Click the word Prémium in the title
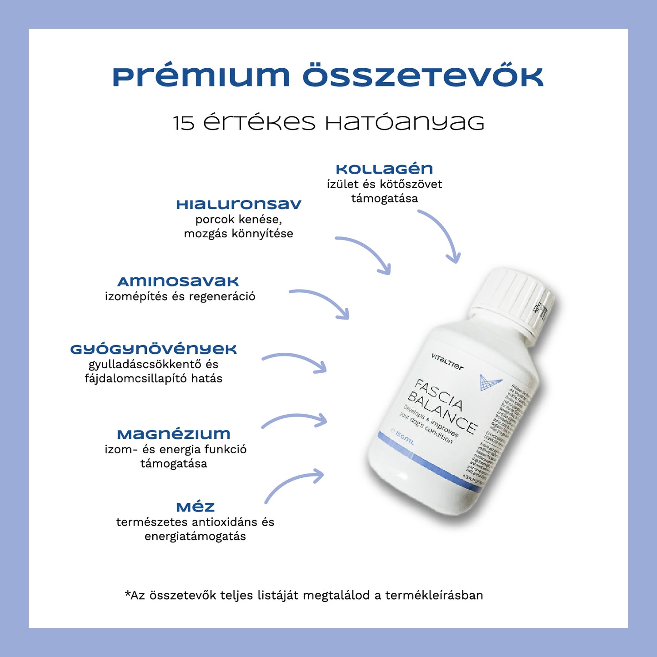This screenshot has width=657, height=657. (x=201, y=76)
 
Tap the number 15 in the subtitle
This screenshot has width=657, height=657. (x=184, y=123)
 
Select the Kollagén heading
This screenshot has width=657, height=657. (x=384, y=169)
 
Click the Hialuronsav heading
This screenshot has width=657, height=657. (x=239, y=205)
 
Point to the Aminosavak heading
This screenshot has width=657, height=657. (x=178, y=282)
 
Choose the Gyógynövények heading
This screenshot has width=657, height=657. (x=154, y=349)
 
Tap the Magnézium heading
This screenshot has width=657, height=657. (x=174, y=434)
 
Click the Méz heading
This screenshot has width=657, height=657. (x=195, y=507)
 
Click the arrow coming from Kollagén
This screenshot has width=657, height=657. (x=443, y=234)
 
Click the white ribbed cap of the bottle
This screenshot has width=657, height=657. (x=514, y=300)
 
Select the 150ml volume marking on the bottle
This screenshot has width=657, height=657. (x=403, y=439)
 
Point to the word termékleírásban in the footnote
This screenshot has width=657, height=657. (x=434, y=595)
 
